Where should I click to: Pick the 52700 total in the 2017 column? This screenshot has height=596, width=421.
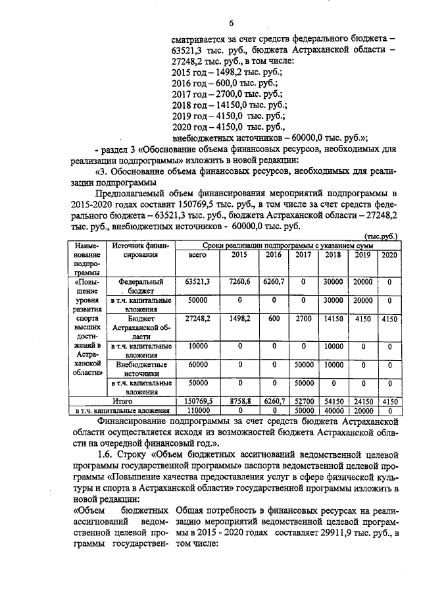(x=303, y=400)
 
